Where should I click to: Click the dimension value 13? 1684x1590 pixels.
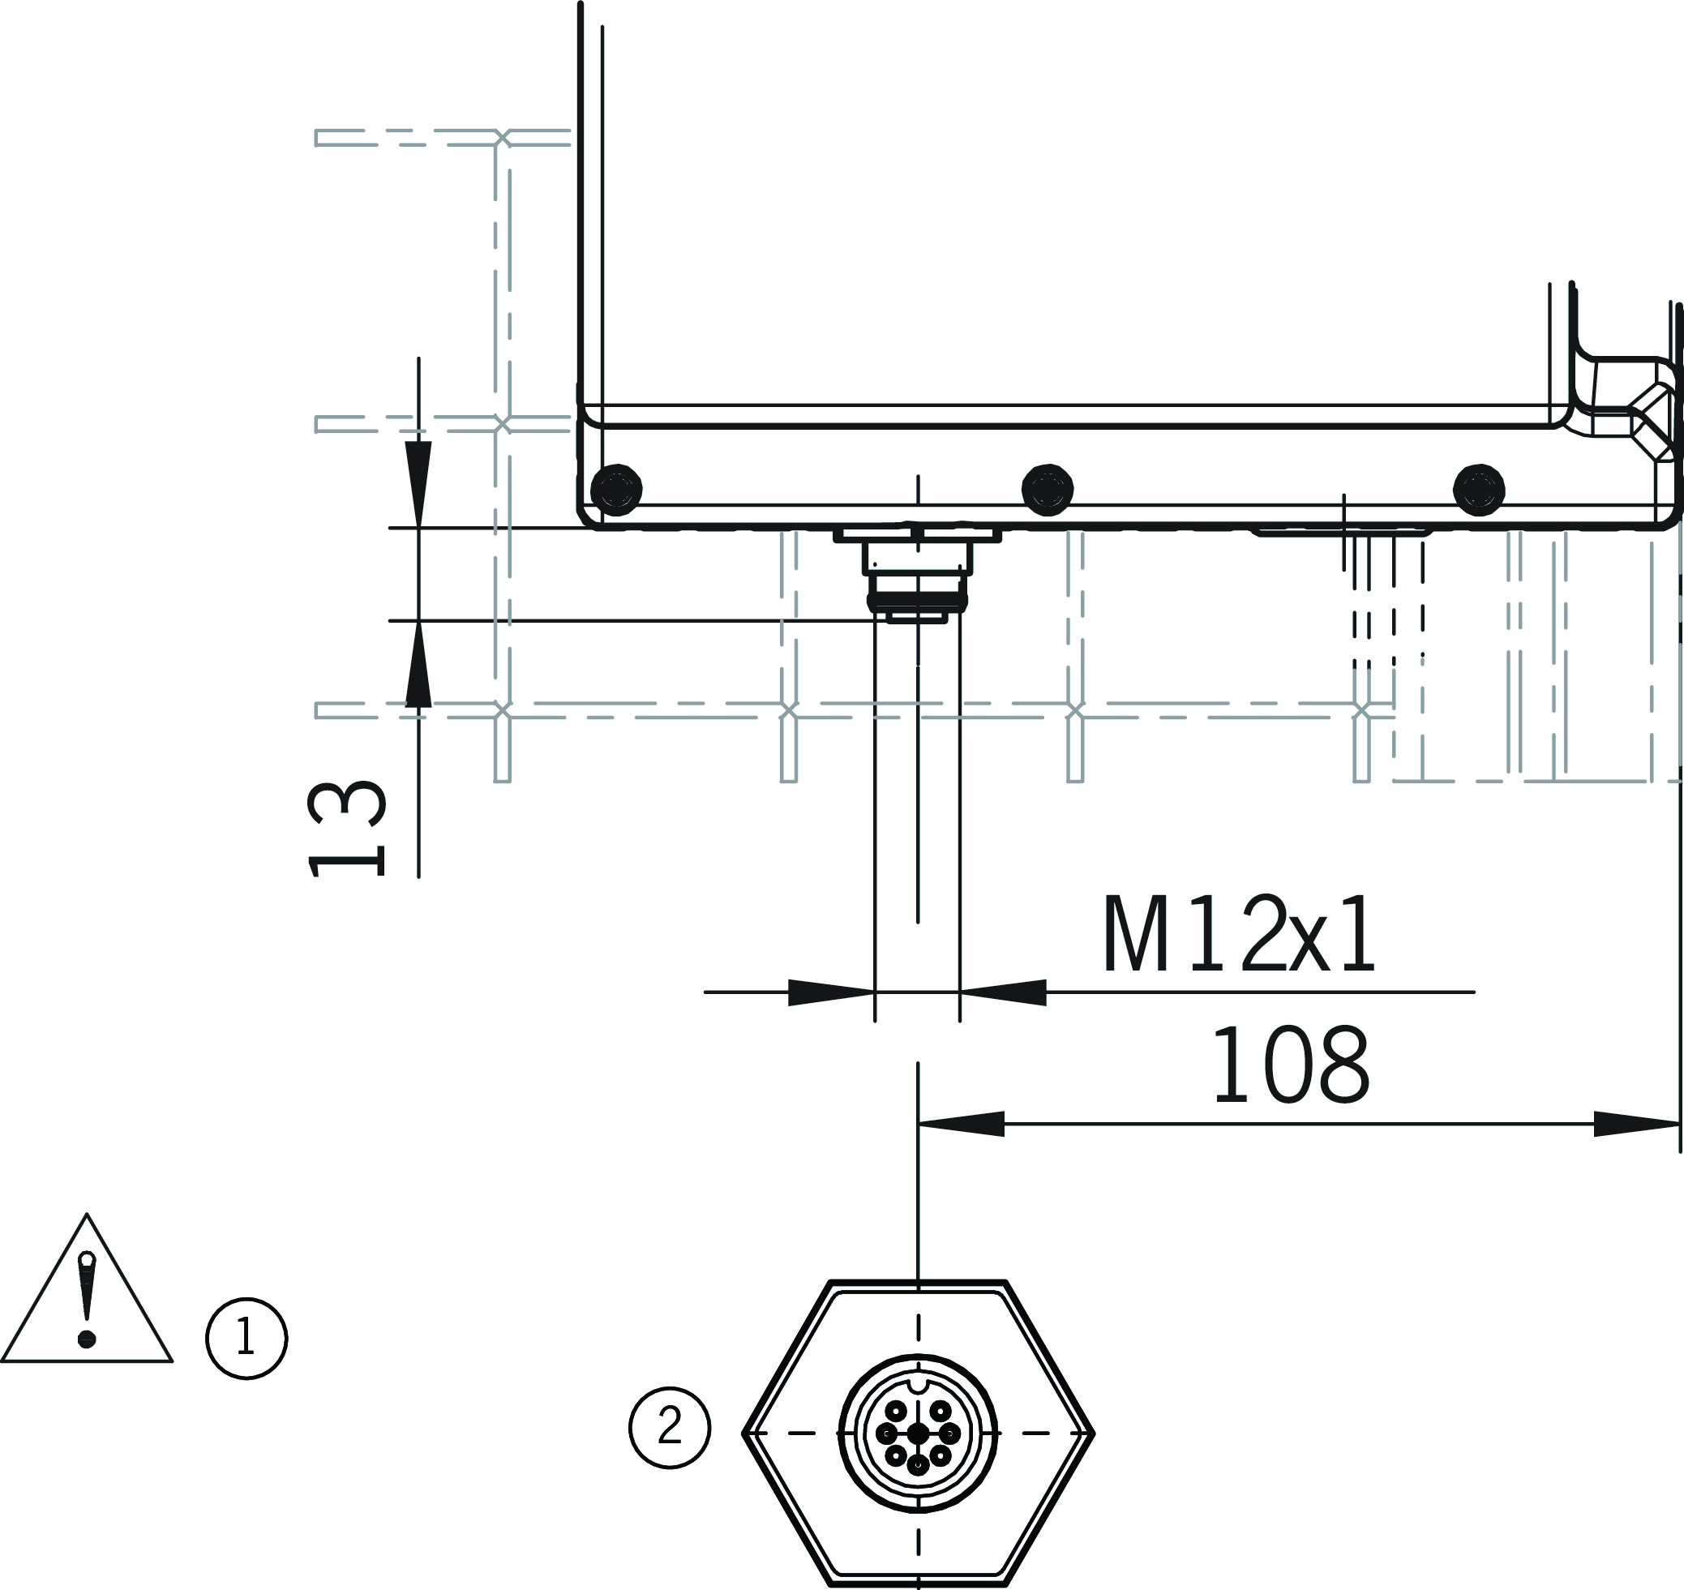pyautogui.click(x=345, y=829)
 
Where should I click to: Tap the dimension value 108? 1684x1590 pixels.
pyautogui.click(x=1292, y=1065)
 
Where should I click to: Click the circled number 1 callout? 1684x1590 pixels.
pyautogui.click(x=246, y=1339)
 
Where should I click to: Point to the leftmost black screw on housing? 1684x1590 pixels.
pyautogui.click(x=616, y=490)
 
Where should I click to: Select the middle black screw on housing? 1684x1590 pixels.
pyautogui.click(x=1048, y=490)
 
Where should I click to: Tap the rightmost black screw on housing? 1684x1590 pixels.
pyautogui.click(x=1479, y=490)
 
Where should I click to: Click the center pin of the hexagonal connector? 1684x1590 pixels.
pyautogui.click(x=918, y=1434)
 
